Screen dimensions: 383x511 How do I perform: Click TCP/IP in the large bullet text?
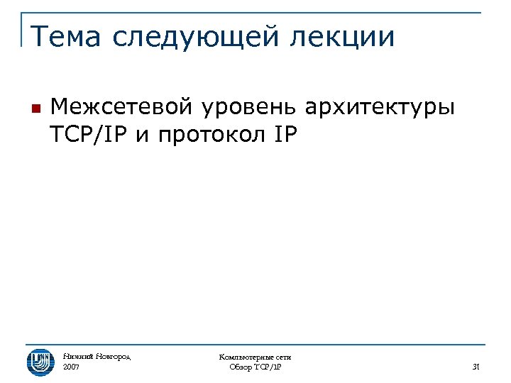click(x=89, y=133)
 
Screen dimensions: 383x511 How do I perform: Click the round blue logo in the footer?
click(x=40, y=362)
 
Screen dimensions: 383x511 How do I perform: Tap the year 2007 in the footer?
click(x=71, y=367)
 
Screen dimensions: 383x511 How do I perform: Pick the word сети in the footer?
click(x=282, y=357)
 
